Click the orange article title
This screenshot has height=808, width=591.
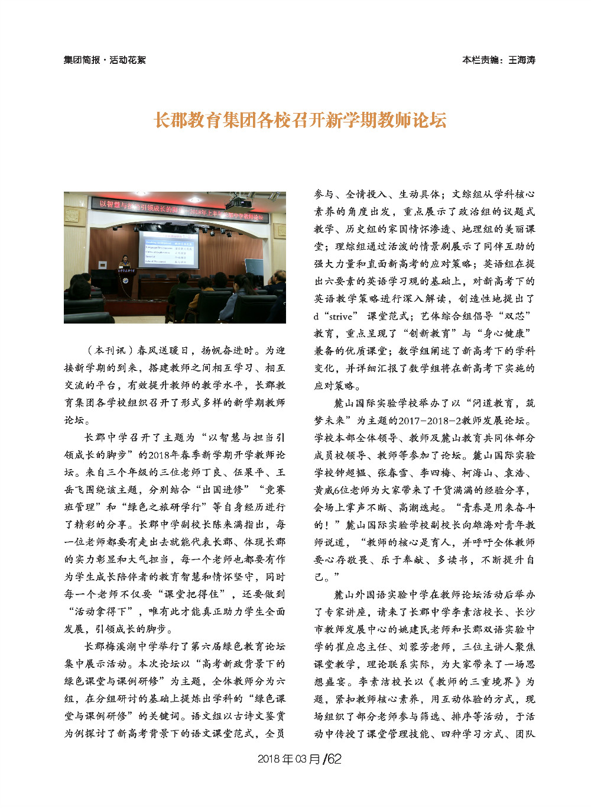[x=300, y=120]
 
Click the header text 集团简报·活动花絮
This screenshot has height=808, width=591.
[x=105, y=60]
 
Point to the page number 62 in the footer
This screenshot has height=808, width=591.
[x=335, y=759]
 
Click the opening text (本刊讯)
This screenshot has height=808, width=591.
[x=109, y=350]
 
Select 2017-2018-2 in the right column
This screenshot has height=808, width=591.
[x=429, y=421]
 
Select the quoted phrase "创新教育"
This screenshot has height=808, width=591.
[x=433, y=334]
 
